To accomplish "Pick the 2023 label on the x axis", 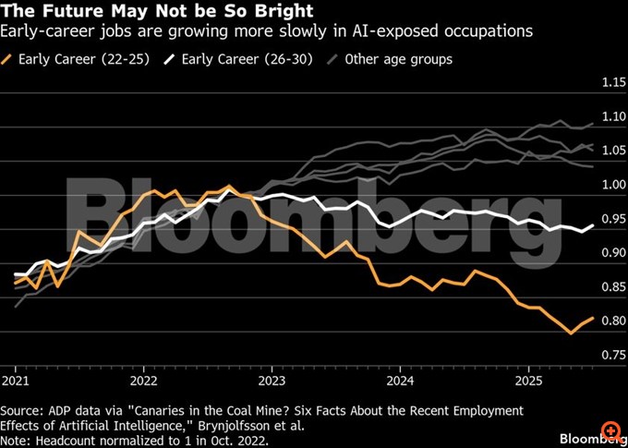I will click(272, 381).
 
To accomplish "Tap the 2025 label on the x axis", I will click(528, 381).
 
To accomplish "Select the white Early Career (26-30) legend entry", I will click(240, 59).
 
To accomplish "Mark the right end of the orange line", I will click(593, 318).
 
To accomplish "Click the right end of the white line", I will click(593, 224).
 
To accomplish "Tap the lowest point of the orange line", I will click(571, 333).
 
